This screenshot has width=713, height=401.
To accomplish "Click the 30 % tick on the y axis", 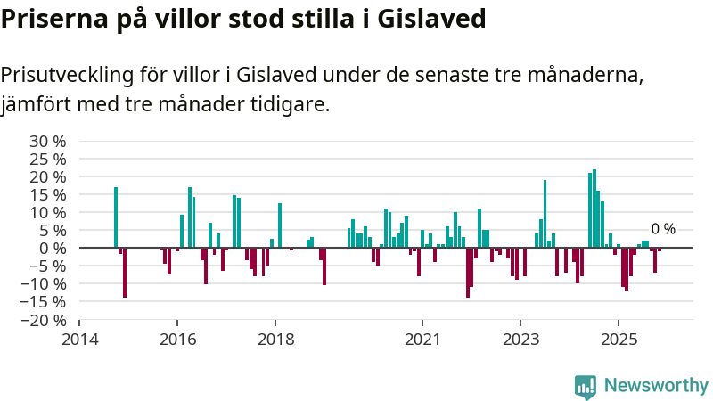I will [48, 141].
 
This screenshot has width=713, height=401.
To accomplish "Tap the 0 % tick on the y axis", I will [52, 248].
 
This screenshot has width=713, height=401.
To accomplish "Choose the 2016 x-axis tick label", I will [177, 339].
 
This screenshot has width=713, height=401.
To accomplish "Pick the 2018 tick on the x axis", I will [275, 339].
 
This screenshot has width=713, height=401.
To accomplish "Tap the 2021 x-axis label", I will [422, 339].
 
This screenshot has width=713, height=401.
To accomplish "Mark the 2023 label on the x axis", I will [520, 339].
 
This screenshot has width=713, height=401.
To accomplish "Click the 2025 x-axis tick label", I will [619, 339].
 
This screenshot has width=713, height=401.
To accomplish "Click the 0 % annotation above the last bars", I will [663, 229].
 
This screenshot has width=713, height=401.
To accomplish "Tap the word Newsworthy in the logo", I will [656, 386].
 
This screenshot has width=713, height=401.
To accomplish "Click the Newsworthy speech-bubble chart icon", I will [586, 386].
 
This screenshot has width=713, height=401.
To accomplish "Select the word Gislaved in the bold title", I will [433, 20].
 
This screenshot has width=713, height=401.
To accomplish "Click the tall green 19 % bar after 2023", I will [545, 214].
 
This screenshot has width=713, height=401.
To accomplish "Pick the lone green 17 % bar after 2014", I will [116, 217].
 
